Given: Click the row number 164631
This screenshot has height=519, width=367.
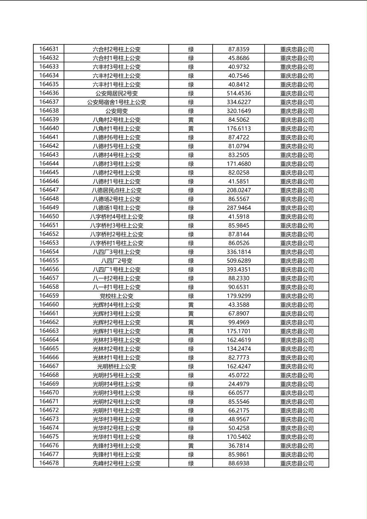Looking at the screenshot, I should click(49, 49).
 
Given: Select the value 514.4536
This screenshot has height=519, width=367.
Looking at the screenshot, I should click(239, 93).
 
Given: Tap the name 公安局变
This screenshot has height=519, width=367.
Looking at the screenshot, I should click(116, 111).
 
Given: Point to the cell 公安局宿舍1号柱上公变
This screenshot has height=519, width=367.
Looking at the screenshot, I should click(116, 102).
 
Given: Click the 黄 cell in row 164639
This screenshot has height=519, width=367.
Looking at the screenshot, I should click(191, 120).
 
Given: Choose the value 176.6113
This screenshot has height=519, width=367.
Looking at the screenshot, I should click(239, 129).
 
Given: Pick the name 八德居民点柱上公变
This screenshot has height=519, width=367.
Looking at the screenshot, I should click(116, 190).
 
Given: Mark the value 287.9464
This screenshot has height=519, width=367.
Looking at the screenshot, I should click(239, 208).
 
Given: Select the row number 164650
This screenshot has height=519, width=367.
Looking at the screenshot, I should click(49, 217).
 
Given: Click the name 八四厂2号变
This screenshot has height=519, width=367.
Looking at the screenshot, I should click(116, 261).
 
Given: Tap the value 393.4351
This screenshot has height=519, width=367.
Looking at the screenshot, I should click(239, 269).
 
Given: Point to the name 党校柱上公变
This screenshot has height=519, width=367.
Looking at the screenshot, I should click(116, 296).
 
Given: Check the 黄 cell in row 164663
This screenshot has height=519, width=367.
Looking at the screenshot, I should click(191, 331).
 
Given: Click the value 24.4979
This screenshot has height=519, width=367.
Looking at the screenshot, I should click(239, 384).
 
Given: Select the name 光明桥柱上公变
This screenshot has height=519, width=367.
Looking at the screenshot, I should click(116, 366).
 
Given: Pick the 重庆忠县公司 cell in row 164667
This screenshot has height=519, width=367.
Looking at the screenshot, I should click(297, 366).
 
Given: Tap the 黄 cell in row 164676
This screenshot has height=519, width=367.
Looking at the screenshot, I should click(191, 446).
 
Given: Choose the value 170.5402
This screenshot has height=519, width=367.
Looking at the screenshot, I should click(239, 437).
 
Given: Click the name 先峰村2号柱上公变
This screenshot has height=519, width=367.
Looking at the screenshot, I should click(116, 463).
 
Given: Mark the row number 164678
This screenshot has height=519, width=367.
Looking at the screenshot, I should click(49, 463).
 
